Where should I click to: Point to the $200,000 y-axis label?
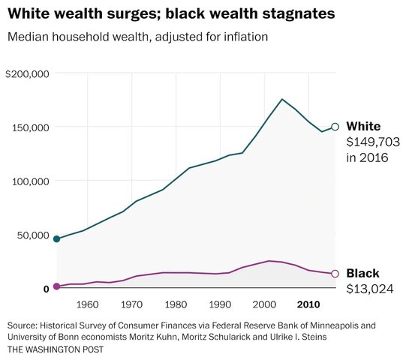(27, 73)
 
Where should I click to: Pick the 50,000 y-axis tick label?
(32, 235)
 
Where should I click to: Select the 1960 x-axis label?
(88, 304)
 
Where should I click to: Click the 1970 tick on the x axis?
(132, 304)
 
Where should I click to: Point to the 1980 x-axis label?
(176, 304)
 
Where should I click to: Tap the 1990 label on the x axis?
(220, 304)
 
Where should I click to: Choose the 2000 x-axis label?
(263, 304)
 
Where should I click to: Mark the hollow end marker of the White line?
(335, 127)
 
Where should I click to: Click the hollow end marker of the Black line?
(335, 274)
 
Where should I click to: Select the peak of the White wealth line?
(281, 99)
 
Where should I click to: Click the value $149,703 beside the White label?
(373, 142)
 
